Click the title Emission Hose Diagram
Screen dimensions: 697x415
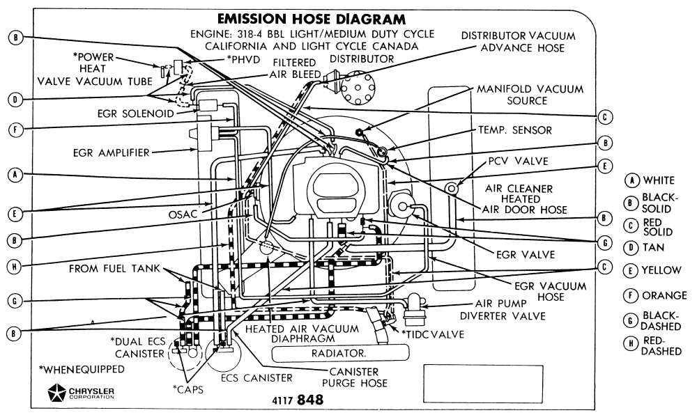point(311,19)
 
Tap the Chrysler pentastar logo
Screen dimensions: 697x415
point(56,392)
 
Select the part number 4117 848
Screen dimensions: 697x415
point(298,400)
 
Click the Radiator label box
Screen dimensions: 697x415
point(341,353)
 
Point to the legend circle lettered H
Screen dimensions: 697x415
point(631,343)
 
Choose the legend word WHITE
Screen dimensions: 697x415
point(659,180)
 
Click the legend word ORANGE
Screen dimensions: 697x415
point(664,295)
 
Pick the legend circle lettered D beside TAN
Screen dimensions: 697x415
point(631,247)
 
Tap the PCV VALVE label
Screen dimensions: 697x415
point(519,161)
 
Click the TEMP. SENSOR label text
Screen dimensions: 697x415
point(515,130)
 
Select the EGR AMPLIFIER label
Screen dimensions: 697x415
point(111,152)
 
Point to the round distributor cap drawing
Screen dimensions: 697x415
point(358,87)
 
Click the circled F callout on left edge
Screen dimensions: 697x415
point(15,130)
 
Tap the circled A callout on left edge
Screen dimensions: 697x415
point(15,175)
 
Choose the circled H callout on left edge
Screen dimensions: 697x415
point(14,266)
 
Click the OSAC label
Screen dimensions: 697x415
point(183,214)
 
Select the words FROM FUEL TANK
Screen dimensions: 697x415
point(114,269)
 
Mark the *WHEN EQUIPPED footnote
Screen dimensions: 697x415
point(82,369)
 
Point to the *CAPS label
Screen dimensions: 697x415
point(188,389)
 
